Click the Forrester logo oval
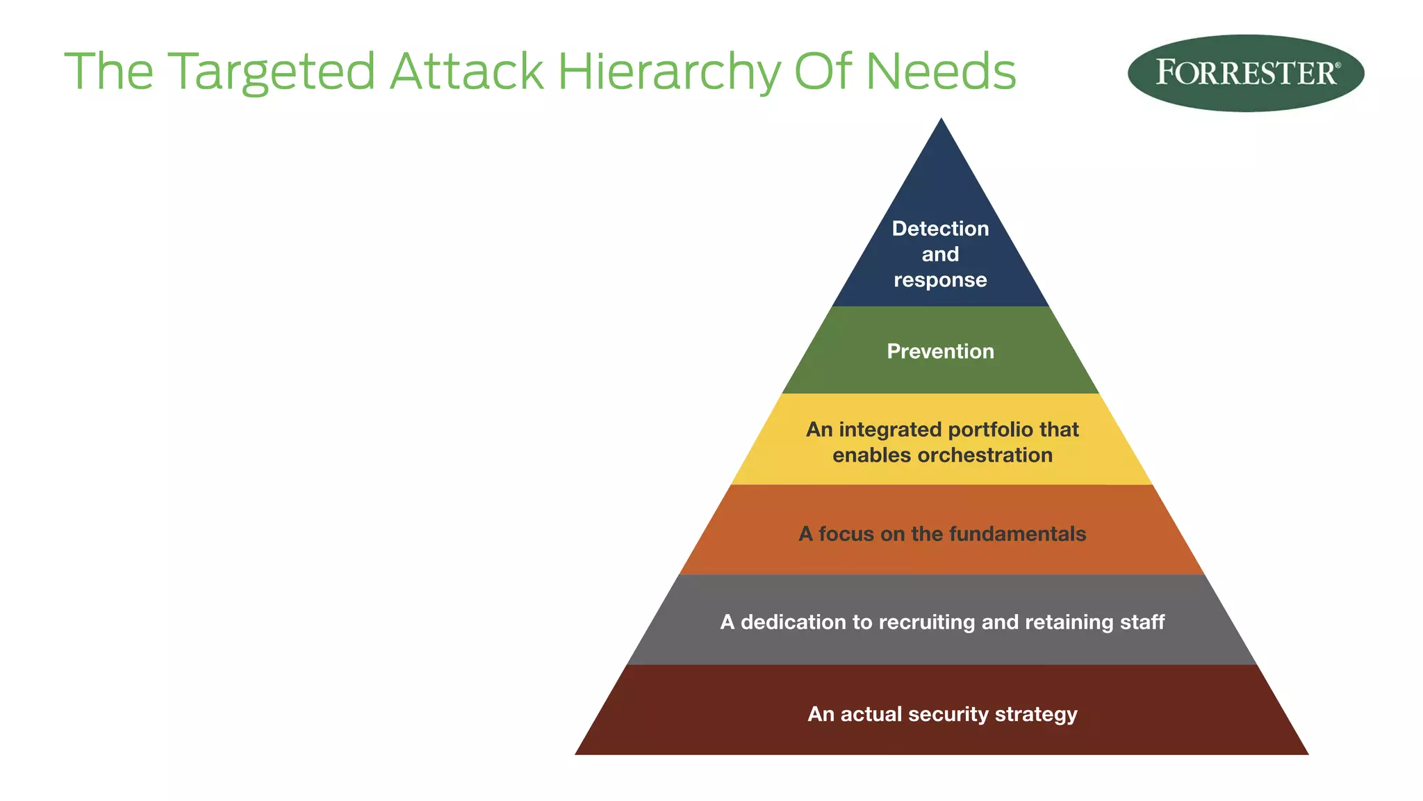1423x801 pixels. point(1245,73)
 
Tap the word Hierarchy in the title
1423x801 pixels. point(669,72)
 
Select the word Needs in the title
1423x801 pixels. point(941,72)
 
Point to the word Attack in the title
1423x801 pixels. point(466,72)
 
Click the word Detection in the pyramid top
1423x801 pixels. point(940,229)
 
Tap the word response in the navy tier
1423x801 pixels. point(940,280)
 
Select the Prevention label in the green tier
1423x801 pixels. point(940,351)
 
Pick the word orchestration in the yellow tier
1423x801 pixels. point(985,455)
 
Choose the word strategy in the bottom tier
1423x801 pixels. point(1036,714)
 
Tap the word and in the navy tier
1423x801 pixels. point(940,254)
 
